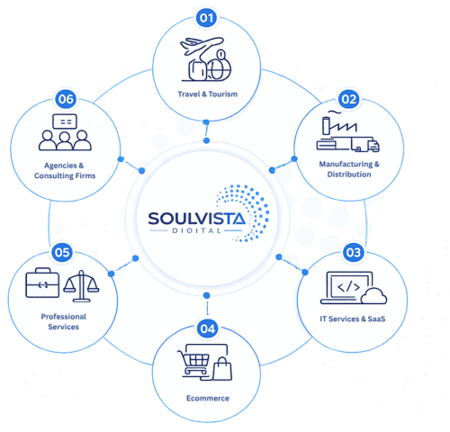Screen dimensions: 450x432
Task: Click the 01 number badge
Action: tap(206, 18)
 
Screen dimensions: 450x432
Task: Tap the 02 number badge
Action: tap(349, 99)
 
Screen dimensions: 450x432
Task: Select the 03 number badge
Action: tap(354, 252)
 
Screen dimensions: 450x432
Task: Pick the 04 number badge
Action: tap(208, 328)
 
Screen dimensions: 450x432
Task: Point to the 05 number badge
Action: tap(62, 252)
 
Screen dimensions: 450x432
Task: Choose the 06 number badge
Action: tap(66, 99)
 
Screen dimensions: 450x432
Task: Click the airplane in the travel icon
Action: tap(202, 46)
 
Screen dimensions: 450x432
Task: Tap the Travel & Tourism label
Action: tap(208, 94)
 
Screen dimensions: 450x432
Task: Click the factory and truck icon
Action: tap(347, 131)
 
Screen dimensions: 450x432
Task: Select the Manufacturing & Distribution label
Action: tap(349, 169)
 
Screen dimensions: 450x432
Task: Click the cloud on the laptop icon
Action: tap(373, 296)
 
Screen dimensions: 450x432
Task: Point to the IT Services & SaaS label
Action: tap(353, 319)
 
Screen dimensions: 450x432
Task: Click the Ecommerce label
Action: tap(208, 398)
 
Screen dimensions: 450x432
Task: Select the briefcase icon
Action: tap(42, 283)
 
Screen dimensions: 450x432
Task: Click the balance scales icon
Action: tap(81, 286)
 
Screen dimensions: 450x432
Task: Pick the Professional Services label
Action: tap(64, 321)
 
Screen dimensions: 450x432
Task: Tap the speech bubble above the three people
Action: tap(65, 121)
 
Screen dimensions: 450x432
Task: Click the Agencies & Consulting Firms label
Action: tap(65, 170)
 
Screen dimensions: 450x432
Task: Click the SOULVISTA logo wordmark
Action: tap(197, 219)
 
